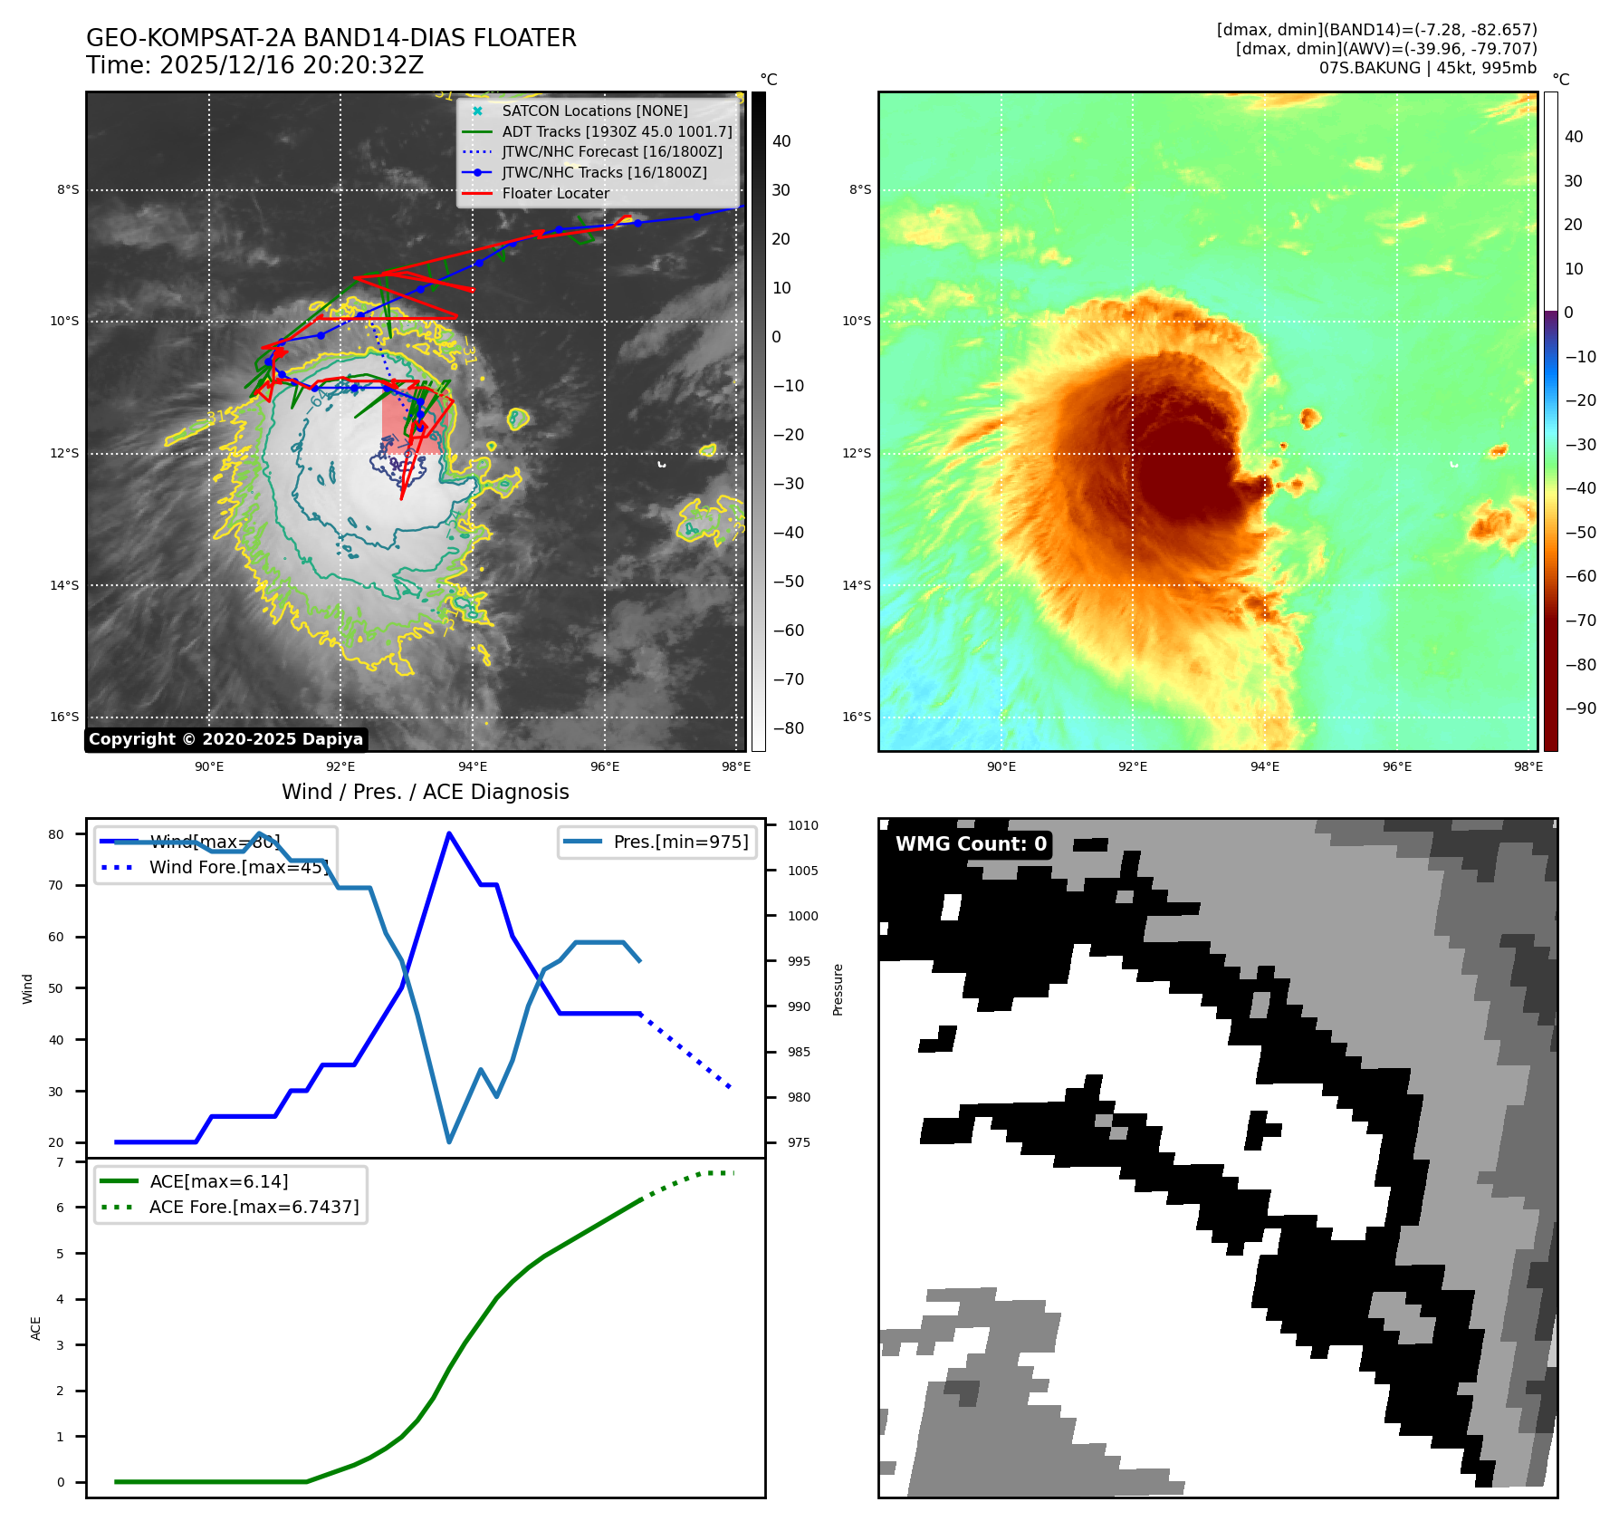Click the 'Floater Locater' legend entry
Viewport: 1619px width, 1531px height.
coord(555,194)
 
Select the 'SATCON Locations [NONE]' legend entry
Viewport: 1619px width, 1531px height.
coord(594,111)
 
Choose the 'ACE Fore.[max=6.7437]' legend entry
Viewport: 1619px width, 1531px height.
coord(254,1208)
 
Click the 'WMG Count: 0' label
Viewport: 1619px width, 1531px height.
coord(971,844)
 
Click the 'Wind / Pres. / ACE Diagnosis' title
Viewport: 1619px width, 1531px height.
coord(425,793)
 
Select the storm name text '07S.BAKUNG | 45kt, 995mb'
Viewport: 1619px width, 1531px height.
coord(1427,68)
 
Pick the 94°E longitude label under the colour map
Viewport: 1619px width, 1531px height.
coord(1264,767)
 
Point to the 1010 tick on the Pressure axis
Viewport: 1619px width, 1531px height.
coord(802,826)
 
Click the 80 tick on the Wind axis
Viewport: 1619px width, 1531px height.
coord(56,835)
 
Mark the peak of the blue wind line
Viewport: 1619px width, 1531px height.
coord(449,833)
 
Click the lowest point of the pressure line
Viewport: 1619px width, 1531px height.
coord(449,1141)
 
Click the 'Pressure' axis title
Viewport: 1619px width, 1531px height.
coord(838,989)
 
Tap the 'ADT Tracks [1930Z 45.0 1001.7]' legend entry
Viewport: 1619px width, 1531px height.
coord(617,132)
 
